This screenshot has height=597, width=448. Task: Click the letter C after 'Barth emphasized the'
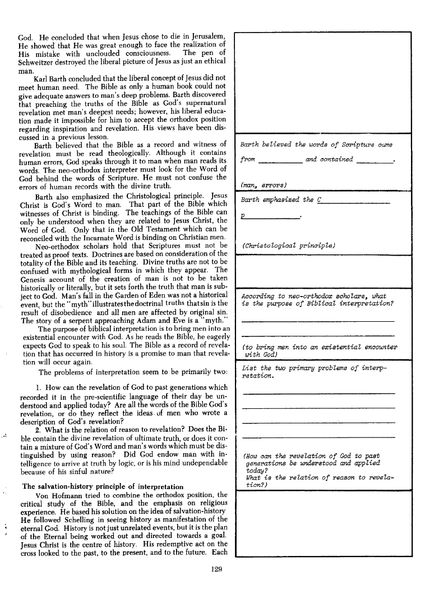coord(320,199)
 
